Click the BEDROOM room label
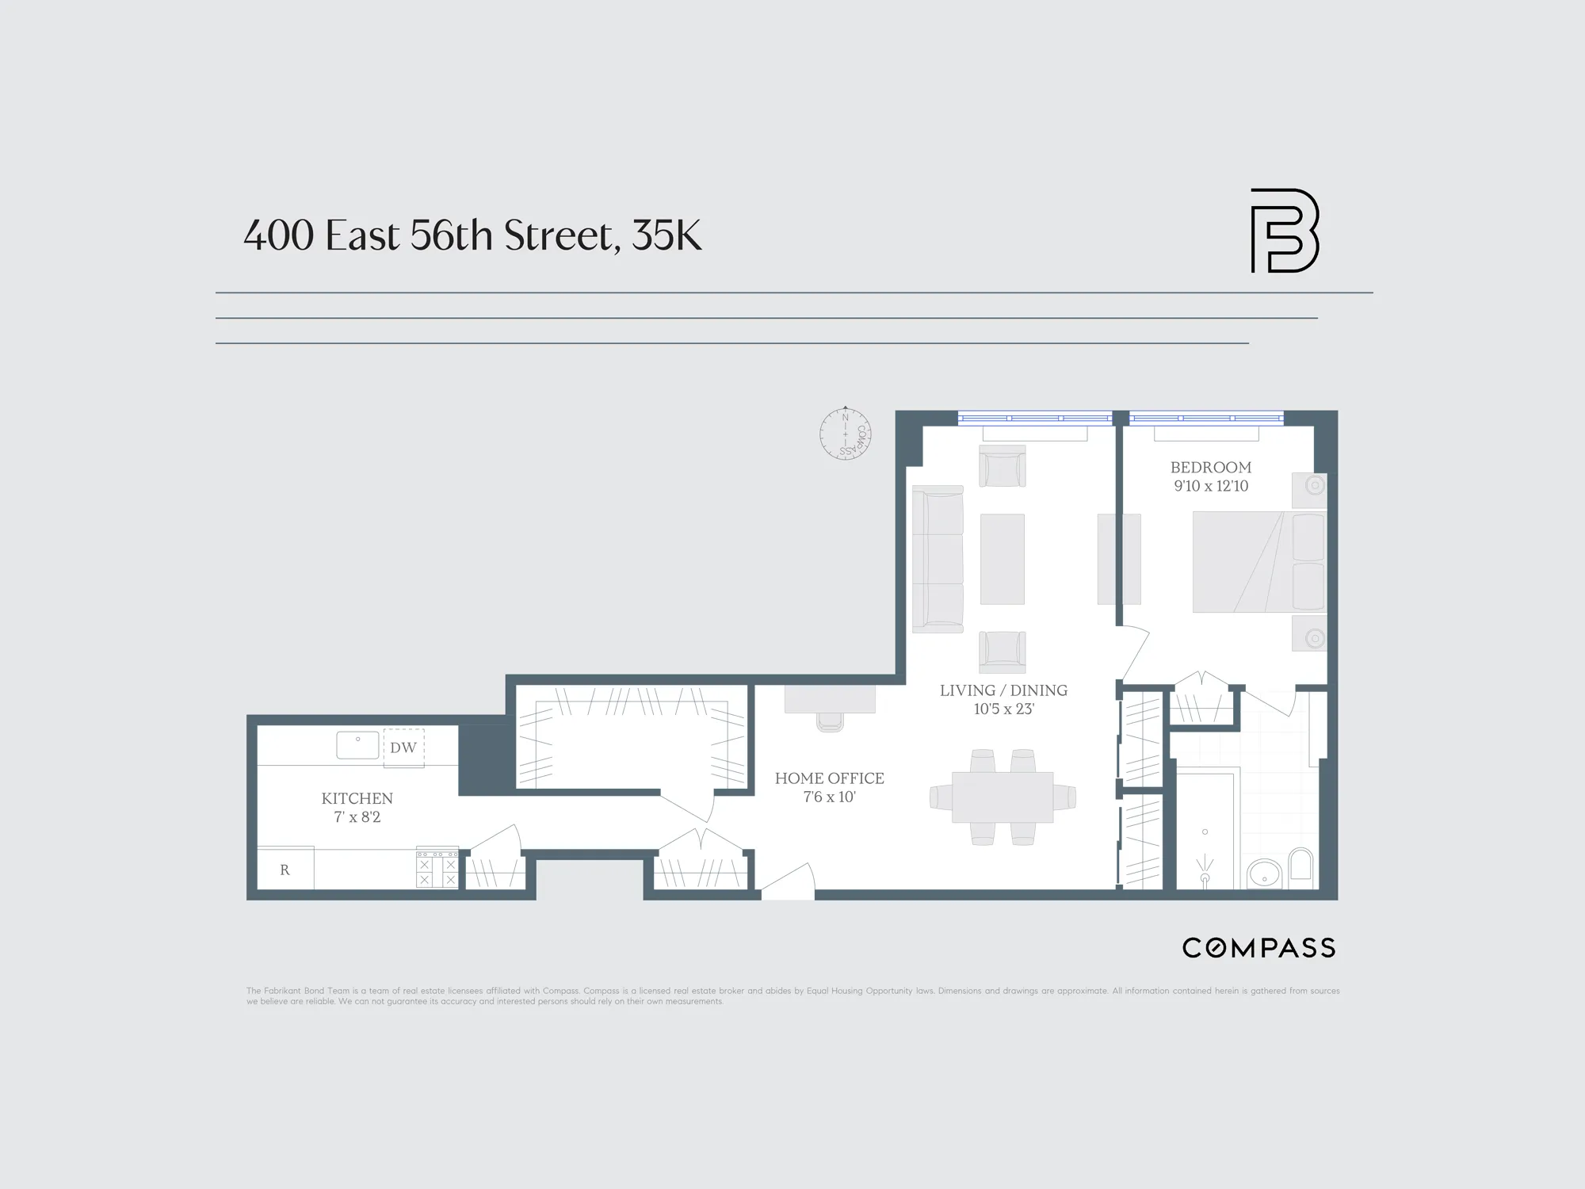coord(1210,468)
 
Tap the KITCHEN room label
coord(357,798)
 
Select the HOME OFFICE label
coord(829,778)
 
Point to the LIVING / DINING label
coord(1003,690)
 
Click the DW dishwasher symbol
coord(403,747)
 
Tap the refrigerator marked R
coord(285,870)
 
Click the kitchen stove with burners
coord(437,869)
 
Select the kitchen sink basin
coord(357,745)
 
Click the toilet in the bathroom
coord(1301,866)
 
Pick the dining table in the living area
coord(1003,797)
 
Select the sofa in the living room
coord(938,559)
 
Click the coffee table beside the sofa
coord(1003,559)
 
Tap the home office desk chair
coord(830,721)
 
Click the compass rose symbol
coord(846,434)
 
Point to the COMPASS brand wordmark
coord(1258,948)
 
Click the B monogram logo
coord(1284,231)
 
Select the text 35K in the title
coord(666,235)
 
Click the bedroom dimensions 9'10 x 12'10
coord(1210,486)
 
